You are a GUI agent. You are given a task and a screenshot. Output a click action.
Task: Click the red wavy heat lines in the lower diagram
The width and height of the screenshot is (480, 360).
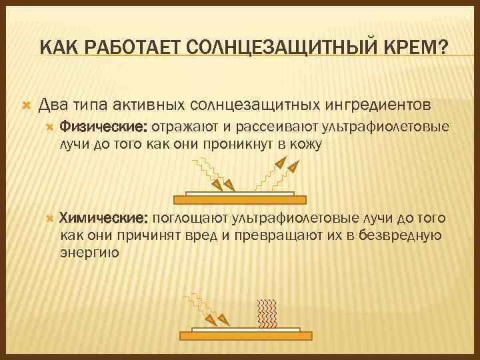point(267,313)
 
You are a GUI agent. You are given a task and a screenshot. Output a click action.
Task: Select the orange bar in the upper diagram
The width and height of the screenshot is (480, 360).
point(239,199)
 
